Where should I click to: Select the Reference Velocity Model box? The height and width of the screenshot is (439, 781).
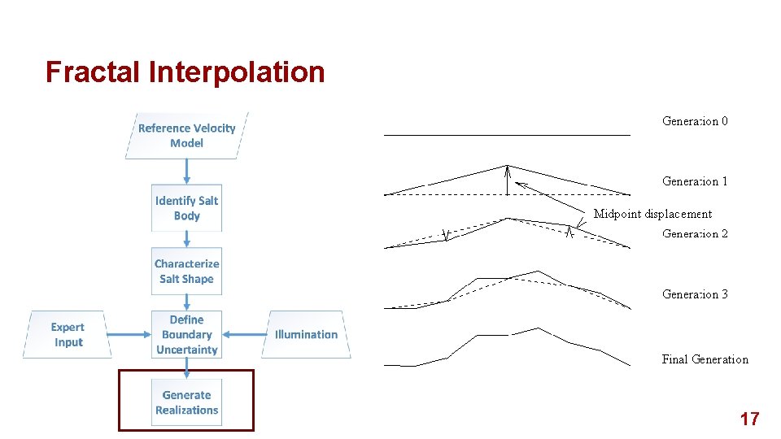[x=186, y=135]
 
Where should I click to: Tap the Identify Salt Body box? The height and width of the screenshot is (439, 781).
[x=186, y=208]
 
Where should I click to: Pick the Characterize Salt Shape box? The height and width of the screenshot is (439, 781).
[x=186, y=271]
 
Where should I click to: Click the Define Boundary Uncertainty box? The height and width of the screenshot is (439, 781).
[x=186, y=334]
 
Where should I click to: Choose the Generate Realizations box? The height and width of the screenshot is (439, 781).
[x=186, y=402]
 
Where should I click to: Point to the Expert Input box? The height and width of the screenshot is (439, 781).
[x=68, y=334]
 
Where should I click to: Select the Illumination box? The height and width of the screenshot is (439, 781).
[x=306, y=334]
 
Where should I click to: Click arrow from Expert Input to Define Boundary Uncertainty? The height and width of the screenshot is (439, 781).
[x=129, y=334]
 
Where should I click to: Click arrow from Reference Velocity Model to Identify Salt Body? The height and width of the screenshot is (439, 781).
[x=186, y=172]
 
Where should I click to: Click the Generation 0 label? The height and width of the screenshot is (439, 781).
[x=695, y=121]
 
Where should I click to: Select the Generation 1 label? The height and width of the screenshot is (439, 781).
[x=695, y=181]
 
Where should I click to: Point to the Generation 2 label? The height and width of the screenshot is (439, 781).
[x=695, y=233]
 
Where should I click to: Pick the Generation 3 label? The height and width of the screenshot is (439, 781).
[x=695, y=294]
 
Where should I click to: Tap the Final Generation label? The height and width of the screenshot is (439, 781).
[x=705, y=359]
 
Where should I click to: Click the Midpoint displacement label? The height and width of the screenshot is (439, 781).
[x=652, y=214]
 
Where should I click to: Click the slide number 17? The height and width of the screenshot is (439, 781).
[x=749, y=419]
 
